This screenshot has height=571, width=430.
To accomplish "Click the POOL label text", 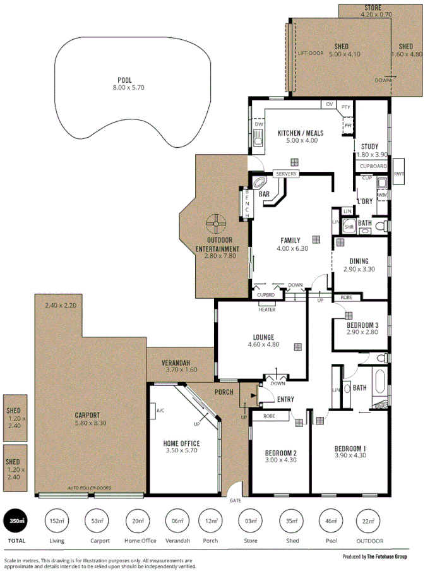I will (124, 80).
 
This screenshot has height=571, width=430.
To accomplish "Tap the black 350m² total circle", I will (16, 522).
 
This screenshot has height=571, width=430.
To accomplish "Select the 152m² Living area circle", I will (57, 522).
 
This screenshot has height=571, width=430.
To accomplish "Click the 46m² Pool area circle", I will (331, 522).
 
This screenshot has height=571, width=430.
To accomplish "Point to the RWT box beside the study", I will (398, 174).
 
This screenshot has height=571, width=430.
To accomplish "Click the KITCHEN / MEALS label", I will (301, 133).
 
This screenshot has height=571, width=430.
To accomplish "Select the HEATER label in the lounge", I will (266, 310).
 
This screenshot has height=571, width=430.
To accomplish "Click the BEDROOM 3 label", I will (362, 325).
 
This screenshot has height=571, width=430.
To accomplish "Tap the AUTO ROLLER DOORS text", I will (89, 488).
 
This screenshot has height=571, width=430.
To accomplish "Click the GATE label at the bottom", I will (236, 500).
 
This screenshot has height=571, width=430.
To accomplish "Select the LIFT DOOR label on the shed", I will (311, 53).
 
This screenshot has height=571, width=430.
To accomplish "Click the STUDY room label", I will (369, 147).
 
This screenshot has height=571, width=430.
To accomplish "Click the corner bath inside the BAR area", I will (260, 183).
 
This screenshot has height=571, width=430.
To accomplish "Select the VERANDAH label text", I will (176, 363).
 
